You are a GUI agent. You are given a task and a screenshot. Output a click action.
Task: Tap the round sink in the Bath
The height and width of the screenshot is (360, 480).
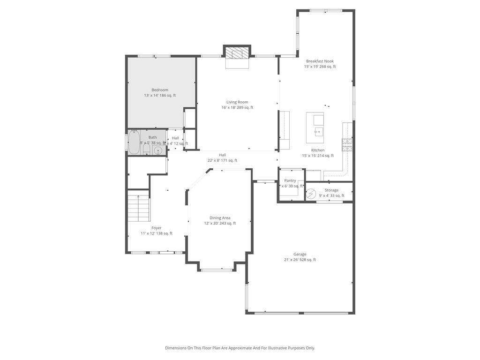158,150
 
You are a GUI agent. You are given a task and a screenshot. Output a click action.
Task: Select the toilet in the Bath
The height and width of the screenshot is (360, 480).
146,150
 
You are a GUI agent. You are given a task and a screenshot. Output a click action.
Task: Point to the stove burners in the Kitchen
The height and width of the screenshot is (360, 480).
347,145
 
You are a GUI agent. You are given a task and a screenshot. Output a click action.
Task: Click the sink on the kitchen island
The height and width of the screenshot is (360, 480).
319,132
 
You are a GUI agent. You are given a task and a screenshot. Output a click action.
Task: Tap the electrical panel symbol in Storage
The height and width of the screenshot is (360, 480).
311,193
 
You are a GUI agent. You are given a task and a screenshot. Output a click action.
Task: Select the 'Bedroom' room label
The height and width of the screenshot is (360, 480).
159,90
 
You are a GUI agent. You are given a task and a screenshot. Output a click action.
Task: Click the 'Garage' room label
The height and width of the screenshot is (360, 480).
300,254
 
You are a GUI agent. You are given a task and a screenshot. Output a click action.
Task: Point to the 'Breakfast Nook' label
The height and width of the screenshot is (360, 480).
320,61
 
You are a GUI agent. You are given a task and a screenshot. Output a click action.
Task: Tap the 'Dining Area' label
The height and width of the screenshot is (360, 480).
219,217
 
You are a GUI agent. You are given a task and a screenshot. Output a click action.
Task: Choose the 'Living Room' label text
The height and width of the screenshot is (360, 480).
237,102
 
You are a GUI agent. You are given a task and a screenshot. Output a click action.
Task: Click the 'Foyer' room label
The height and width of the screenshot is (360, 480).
156,228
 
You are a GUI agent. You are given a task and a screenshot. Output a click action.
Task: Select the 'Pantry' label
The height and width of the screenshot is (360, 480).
290,180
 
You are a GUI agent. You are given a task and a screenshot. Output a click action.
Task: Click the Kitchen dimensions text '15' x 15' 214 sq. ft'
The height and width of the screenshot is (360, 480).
318,156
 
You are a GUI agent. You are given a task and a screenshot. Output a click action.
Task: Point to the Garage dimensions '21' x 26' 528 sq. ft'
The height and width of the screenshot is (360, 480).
300,260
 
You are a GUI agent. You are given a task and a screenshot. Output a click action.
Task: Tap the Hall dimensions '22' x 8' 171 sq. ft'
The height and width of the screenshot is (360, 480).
222,160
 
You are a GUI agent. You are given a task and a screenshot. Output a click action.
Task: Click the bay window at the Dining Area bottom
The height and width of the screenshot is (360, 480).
216,270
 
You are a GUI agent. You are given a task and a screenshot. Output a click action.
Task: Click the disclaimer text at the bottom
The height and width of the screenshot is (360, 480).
240,348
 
